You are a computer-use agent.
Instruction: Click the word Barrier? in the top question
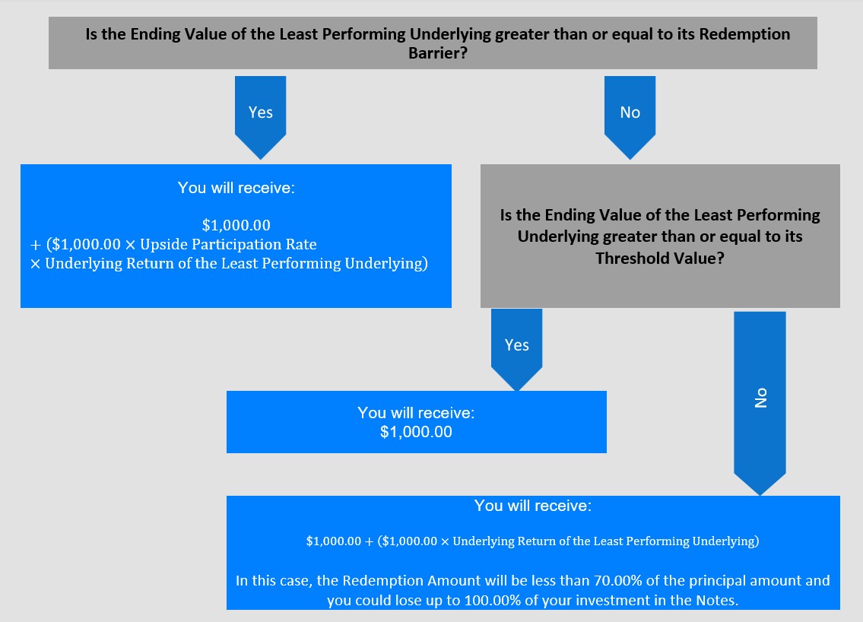tap(437, 52)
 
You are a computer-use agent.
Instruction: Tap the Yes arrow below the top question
tap(260, 117)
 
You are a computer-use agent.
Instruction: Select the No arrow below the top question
tap(630, 117)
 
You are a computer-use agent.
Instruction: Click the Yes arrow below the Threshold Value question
tap(516, 350)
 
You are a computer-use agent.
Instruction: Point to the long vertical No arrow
tap(760, 403)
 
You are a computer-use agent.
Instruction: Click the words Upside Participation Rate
tap(228, 244)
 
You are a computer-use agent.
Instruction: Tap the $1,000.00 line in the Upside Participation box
tap(236, 225)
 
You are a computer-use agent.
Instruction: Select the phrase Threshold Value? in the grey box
tap(659, 259)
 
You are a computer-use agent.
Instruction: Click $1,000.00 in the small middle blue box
tap(416, 432)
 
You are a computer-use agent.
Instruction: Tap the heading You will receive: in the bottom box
tap(533, 506)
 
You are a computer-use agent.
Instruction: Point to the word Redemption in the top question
tap(744, 34)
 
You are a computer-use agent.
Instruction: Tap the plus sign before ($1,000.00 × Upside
tap(36, 246)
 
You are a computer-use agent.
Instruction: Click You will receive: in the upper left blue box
tap(236, 188)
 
